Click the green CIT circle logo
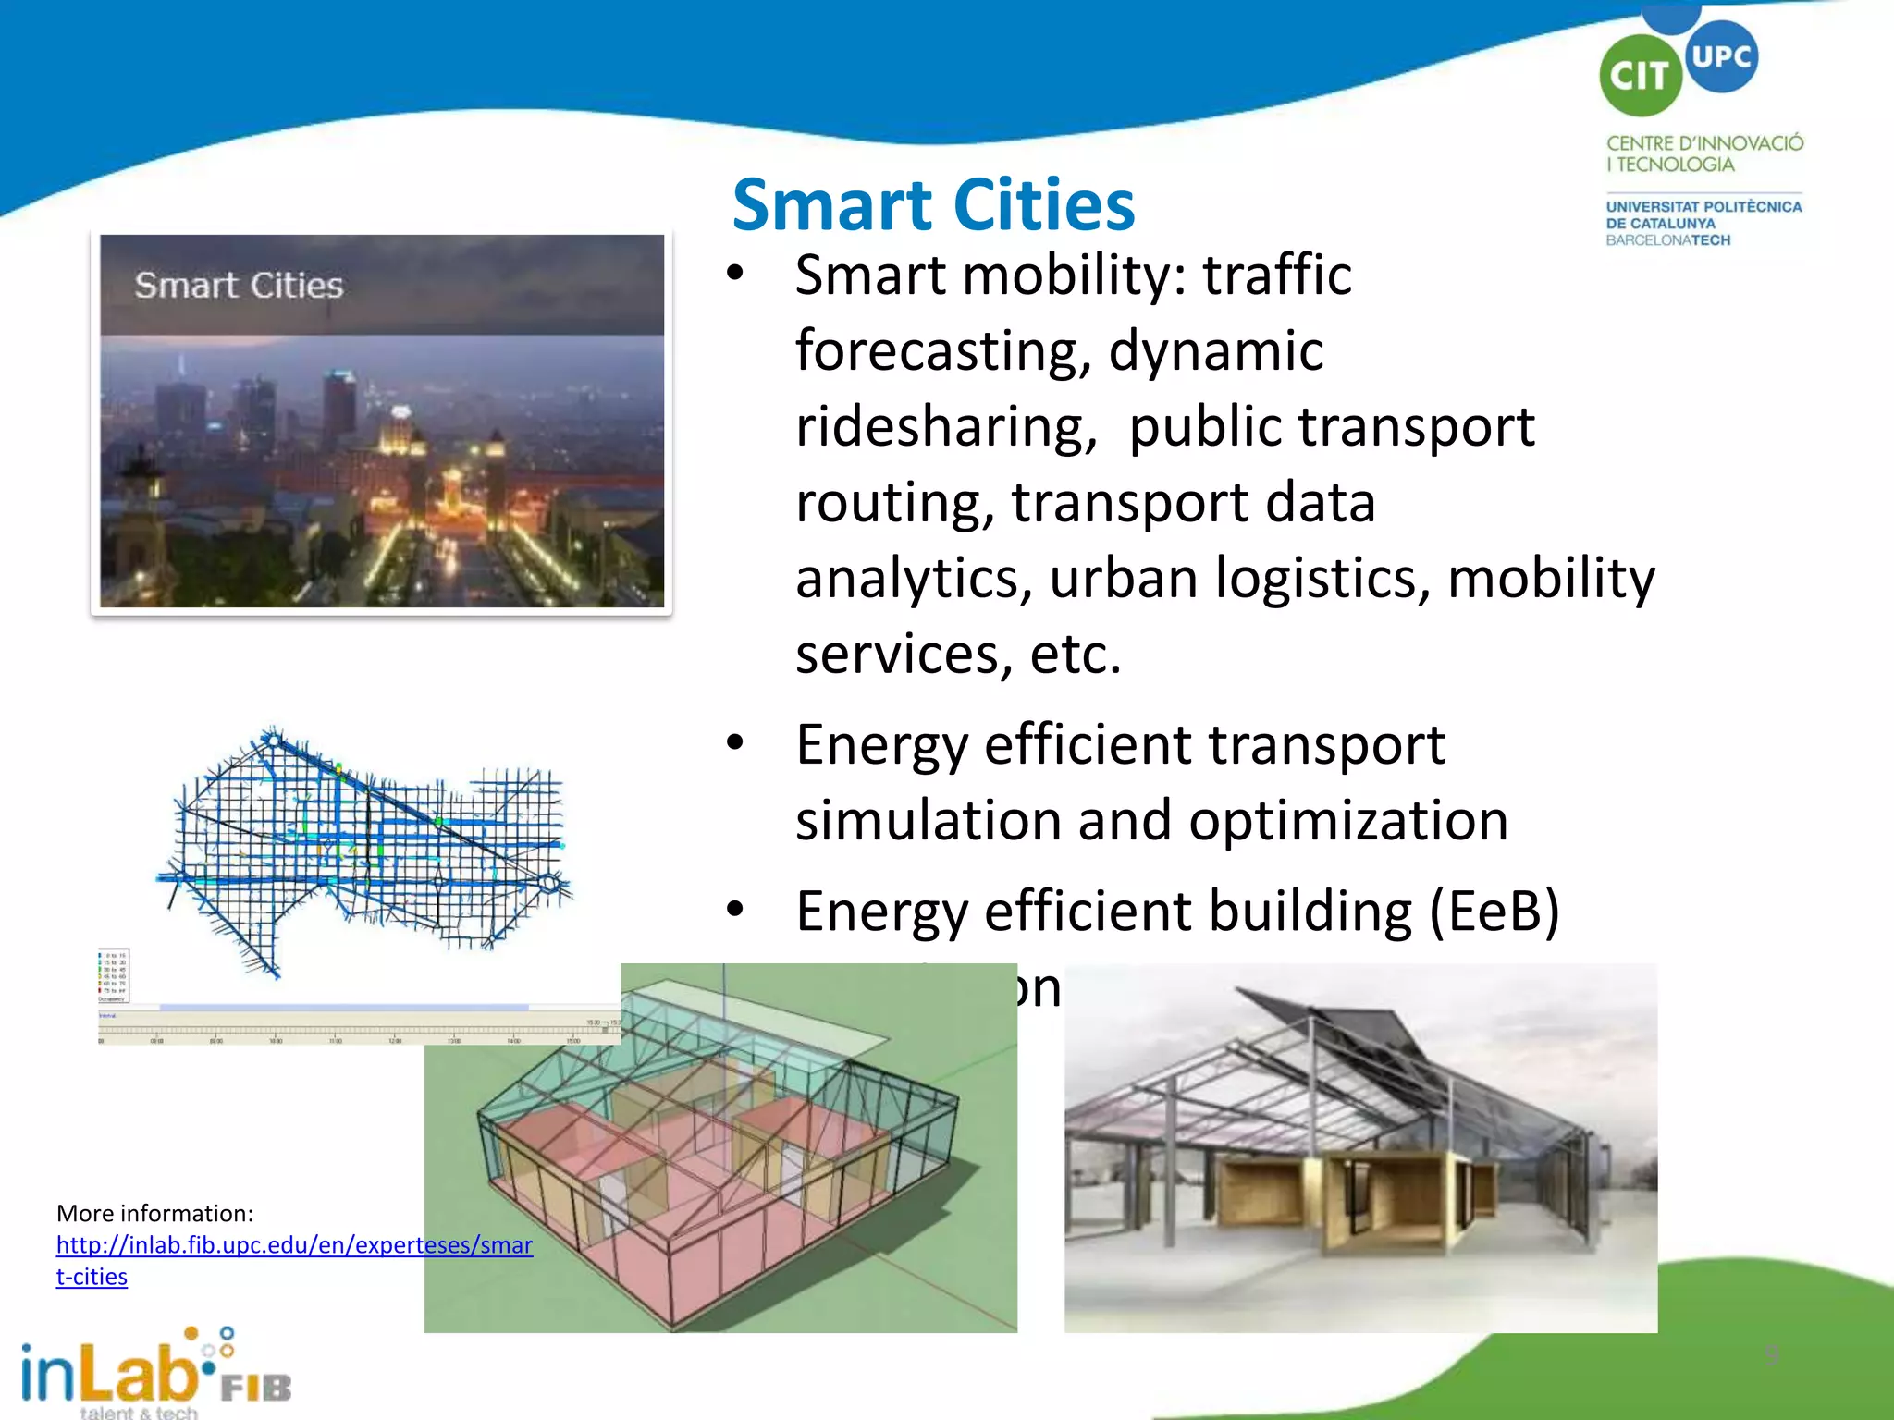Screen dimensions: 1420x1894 point(1640,76)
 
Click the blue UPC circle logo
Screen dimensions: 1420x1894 point(1721,57)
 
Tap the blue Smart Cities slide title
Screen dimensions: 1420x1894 point(932,204)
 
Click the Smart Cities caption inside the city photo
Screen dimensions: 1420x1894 point(239,285)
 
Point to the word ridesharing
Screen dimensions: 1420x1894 point(945,427)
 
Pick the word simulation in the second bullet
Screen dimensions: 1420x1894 point(928,821)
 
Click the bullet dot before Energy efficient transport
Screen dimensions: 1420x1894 point(734,743)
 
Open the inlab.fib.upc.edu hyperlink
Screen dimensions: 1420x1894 point(294,1245)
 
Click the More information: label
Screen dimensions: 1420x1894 point(154,1213)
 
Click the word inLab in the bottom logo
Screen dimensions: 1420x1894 point(109,1374)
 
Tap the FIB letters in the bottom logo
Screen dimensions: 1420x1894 point(255,1387)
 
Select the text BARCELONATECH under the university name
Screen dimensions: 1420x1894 point(1667,240)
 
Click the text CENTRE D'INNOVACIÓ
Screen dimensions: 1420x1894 point(1703,143)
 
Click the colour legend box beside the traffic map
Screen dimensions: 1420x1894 point(114,974)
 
